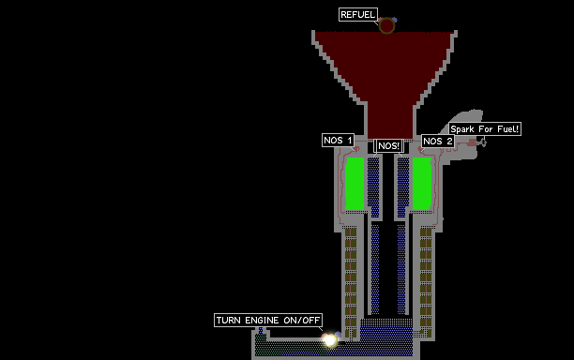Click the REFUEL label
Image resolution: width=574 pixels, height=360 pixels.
[358, 15]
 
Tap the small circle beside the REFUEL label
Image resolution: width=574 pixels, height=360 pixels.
[386, 25]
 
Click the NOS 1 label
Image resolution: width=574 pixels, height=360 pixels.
[338, 140]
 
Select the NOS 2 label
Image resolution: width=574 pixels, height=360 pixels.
[438, 141]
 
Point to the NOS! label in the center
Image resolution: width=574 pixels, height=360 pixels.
[389, 146]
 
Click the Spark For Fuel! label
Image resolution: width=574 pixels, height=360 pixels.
[485, 129]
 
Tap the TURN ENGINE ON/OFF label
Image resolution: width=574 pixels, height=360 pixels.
[268, 320]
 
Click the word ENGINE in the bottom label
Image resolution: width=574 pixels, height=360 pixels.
[262, 321]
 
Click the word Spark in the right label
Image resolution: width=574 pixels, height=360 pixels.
[462, 129]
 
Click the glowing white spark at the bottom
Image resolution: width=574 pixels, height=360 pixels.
[330, 340]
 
